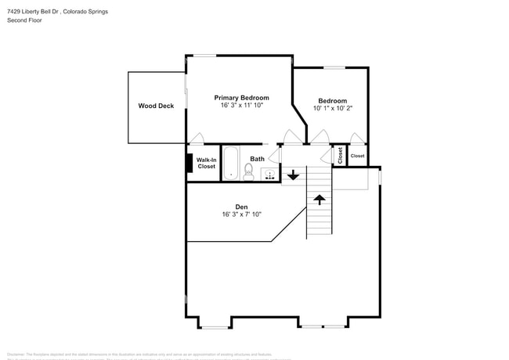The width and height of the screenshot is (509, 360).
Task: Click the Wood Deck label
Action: [x=156, y=106]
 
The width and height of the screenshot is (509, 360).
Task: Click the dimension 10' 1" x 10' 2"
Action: [x=332, y=108]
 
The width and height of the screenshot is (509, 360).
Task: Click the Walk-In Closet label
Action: [x=206, y=163]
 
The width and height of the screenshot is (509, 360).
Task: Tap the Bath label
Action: [x=257, y=159]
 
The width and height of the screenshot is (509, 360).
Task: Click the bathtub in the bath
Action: [x=231, y=164]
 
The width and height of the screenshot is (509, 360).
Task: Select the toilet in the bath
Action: [x=248, y=173]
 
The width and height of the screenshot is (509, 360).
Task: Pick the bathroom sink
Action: [x=269, y=174]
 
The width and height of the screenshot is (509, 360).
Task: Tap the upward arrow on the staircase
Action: [x=319, y=200]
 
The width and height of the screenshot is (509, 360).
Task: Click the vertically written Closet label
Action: [x=340, y=155]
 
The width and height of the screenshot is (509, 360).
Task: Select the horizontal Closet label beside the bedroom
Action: [x=357, y=156]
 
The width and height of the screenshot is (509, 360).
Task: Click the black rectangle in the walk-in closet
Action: [x=188, y=163]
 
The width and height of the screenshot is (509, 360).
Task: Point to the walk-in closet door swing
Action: [x=197, y=139]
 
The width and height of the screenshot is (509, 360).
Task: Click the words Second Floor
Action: [x=24, y=20]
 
